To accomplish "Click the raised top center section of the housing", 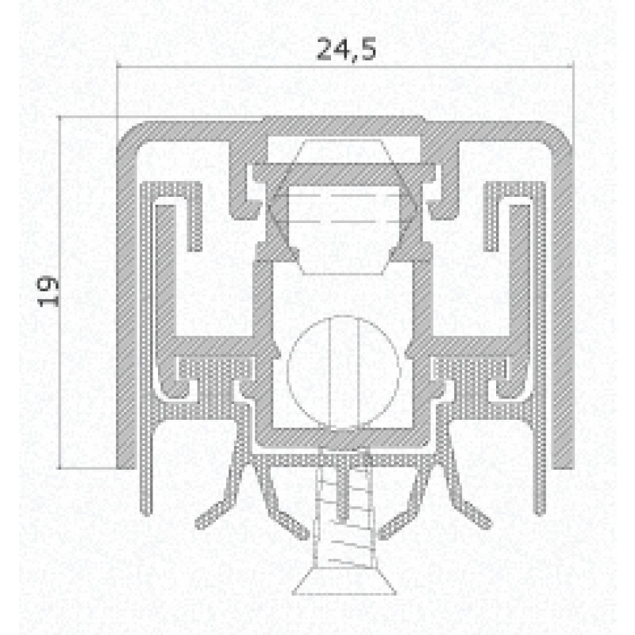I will coord(343,125).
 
